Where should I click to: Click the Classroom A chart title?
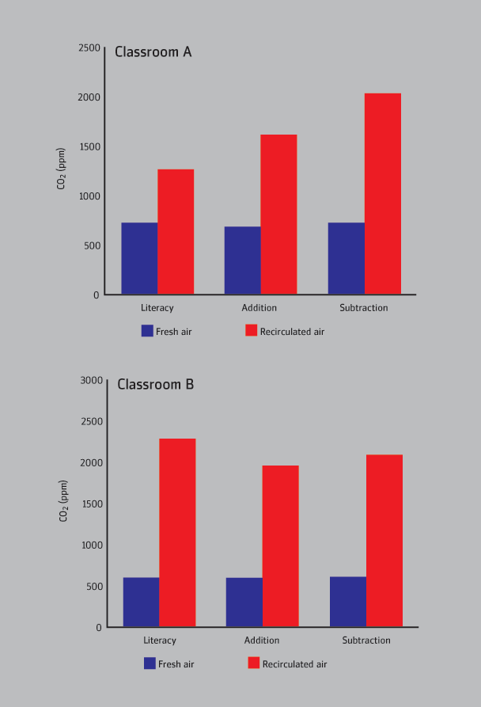tap(153, 52)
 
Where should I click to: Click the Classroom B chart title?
tap(156, 385)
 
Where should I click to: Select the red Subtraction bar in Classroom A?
tap(383, 194)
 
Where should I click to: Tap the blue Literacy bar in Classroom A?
tap(139, 259)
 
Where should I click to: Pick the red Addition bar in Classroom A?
tap(278, 215)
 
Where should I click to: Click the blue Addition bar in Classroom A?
tap(242, 260)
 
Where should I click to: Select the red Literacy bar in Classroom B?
tap(177, 533)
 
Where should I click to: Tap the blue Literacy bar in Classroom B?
tap(141, 602)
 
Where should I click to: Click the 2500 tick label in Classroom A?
tap(90, 48)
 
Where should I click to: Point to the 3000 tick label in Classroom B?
tap(93, 380)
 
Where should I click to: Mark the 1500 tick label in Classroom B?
tap(93, 504)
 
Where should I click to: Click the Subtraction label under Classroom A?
tap(364, 308)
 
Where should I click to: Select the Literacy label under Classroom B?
tap(160, 640)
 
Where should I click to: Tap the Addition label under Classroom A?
tap(259, 308)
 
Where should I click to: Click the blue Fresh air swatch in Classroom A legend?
tap(147, 331)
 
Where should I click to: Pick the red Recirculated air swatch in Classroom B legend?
tap(254, 663)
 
